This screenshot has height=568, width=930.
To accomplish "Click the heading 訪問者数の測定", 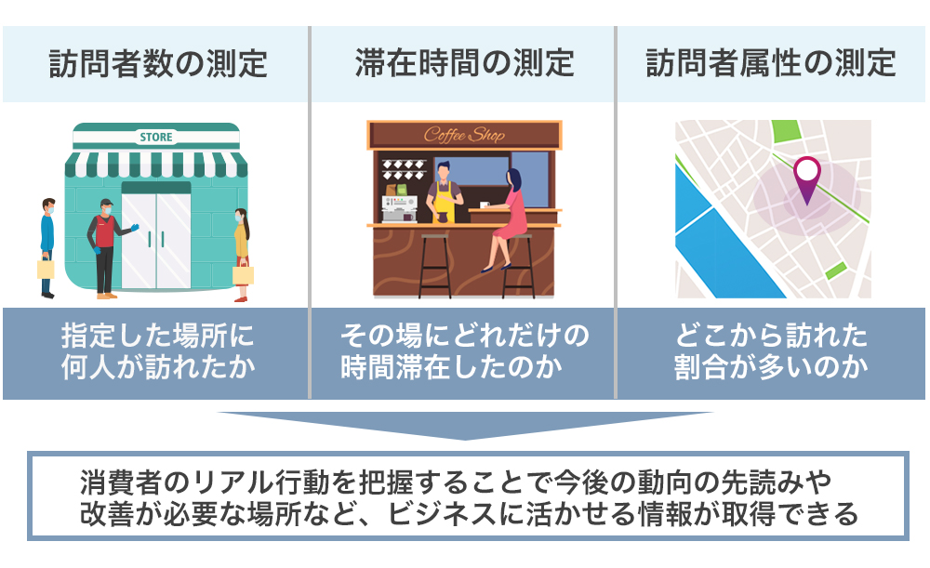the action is (158, 63).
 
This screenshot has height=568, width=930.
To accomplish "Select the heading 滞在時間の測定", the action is (464, 63).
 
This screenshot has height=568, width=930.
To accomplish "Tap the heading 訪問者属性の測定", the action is (771, 63).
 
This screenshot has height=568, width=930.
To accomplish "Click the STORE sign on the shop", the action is (156, 137).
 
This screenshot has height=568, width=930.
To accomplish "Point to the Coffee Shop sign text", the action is (464, 135).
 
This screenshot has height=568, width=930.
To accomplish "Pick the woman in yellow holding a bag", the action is (242, 256).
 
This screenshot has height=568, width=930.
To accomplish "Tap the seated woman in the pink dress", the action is (506, 219).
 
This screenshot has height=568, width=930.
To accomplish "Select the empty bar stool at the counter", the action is (434, 266).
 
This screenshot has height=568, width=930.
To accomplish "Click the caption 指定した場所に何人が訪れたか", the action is (158, 351).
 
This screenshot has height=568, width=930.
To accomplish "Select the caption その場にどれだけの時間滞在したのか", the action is (464, 351).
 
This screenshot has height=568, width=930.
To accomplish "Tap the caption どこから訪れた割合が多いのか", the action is (771, 351).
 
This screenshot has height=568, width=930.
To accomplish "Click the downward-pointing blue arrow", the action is (465, 425).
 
